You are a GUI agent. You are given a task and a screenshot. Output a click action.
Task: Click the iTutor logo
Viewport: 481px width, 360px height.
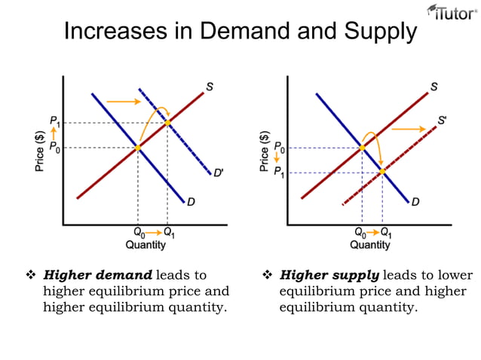(452, 13)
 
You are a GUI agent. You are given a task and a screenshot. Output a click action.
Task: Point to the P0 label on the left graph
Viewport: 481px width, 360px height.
(55, 148)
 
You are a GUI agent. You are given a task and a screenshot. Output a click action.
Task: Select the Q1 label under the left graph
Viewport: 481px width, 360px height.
(170, 232)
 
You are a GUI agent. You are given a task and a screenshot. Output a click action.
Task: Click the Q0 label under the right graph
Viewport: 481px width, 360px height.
(362, 232)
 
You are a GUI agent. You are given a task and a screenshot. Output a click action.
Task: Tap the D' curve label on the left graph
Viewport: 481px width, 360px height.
(218, 173)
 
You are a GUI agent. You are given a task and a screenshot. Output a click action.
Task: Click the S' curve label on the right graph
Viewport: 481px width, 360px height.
(444, 120)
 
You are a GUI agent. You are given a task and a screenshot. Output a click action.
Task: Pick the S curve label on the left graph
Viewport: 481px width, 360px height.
(209, 87)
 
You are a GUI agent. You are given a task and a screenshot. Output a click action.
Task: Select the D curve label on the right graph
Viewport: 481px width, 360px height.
(415, 202)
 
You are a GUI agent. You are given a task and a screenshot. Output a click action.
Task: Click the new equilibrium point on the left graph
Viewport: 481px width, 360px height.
(167, 122)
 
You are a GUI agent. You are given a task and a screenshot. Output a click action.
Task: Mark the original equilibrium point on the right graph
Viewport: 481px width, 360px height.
(362, 148)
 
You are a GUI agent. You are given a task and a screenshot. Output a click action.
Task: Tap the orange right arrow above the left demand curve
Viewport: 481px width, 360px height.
(121, 100)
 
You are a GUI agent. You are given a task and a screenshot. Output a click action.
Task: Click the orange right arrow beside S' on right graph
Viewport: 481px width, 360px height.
(408, 130)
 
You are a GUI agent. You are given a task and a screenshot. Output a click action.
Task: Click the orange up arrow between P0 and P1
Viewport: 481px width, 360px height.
(54, 134)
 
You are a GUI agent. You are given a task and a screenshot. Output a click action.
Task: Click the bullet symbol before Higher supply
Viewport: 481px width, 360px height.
(267, 275)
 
